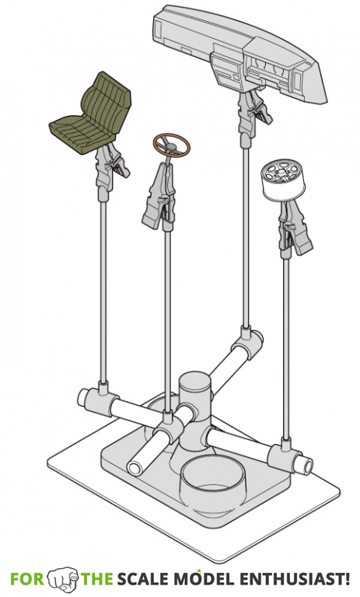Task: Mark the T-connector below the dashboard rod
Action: [x=250, y=340]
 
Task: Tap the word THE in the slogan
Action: [x=98, y=579]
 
